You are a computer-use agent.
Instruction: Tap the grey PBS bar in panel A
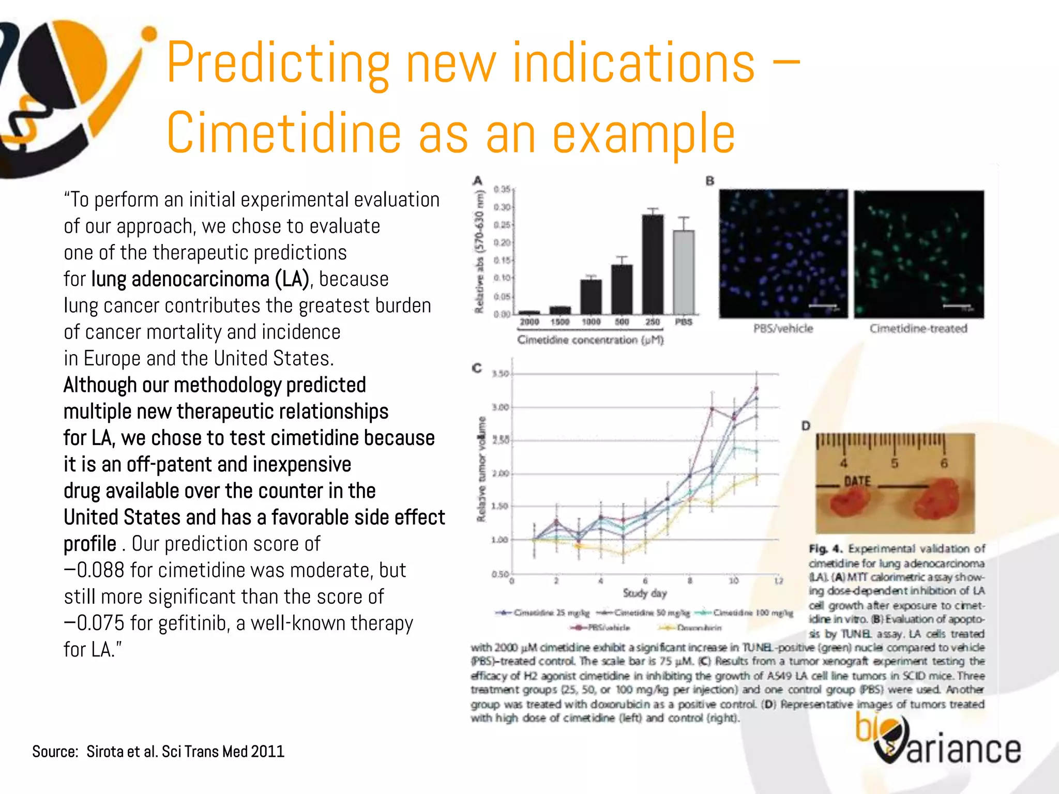[684, 271]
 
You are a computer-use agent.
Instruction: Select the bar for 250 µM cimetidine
[653, 264]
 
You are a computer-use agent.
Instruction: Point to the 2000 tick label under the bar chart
[529, 322]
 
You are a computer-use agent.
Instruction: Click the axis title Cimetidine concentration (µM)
[590, 340]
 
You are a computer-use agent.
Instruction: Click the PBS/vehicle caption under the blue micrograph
[783, 329]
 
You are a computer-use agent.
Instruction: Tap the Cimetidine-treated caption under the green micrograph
[918, 329]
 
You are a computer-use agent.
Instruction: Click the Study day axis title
[644, 593]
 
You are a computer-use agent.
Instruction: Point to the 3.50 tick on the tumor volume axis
[500, 374]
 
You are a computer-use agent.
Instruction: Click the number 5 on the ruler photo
[894, 463]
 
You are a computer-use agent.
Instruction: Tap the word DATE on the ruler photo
[857, 481]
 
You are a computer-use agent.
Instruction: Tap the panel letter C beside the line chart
[477, 368]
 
